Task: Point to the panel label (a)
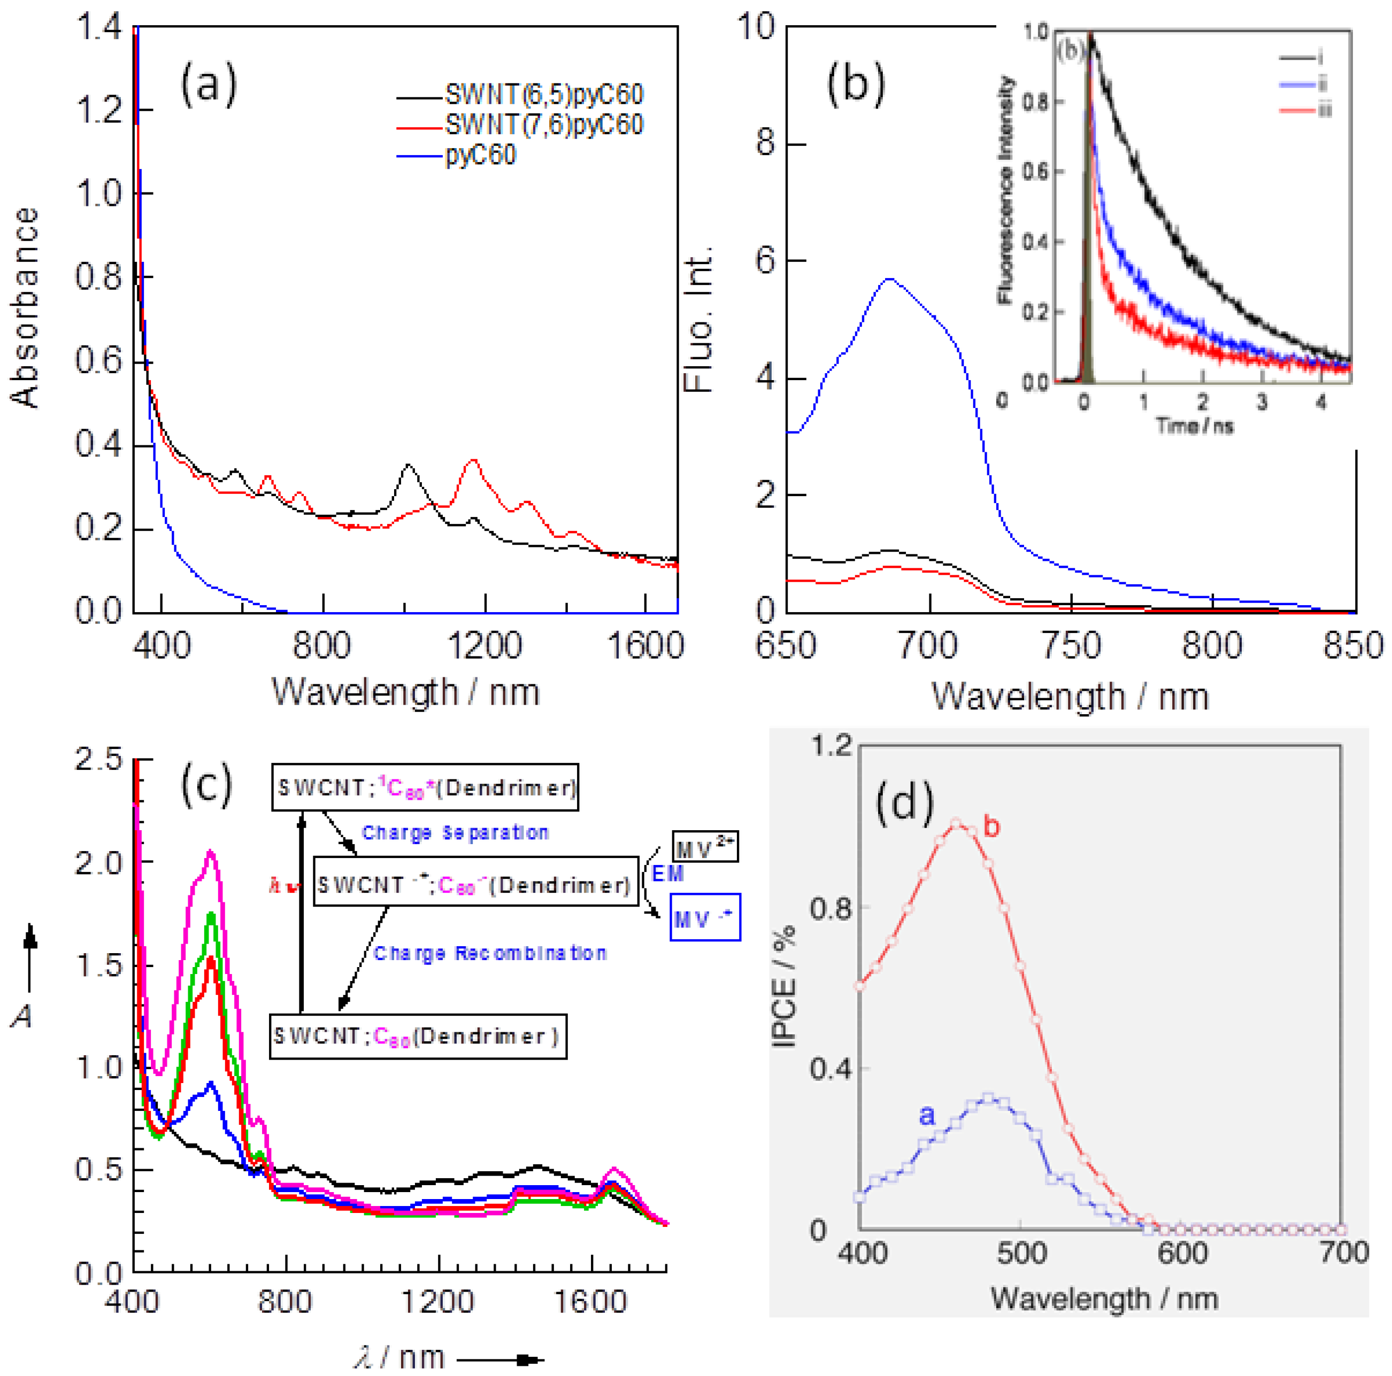coord(208,84)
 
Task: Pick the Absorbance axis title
coord(25,308)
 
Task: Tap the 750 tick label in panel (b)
coord(1071,645)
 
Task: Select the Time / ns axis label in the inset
coord(1195,426)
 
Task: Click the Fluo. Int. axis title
coord(697,319)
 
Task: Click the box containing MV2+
coord(705,848)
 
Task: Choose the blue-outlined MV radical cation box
coord(705,918)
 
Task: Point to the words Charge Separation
coord(455,833)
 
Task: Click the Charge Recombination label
coord(490,954)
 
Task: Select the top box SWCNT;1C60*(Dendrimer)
coord(425,787)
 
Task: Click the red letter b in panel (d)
coord(991,827)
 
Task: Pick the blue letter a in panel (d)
coord(927,1115)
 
